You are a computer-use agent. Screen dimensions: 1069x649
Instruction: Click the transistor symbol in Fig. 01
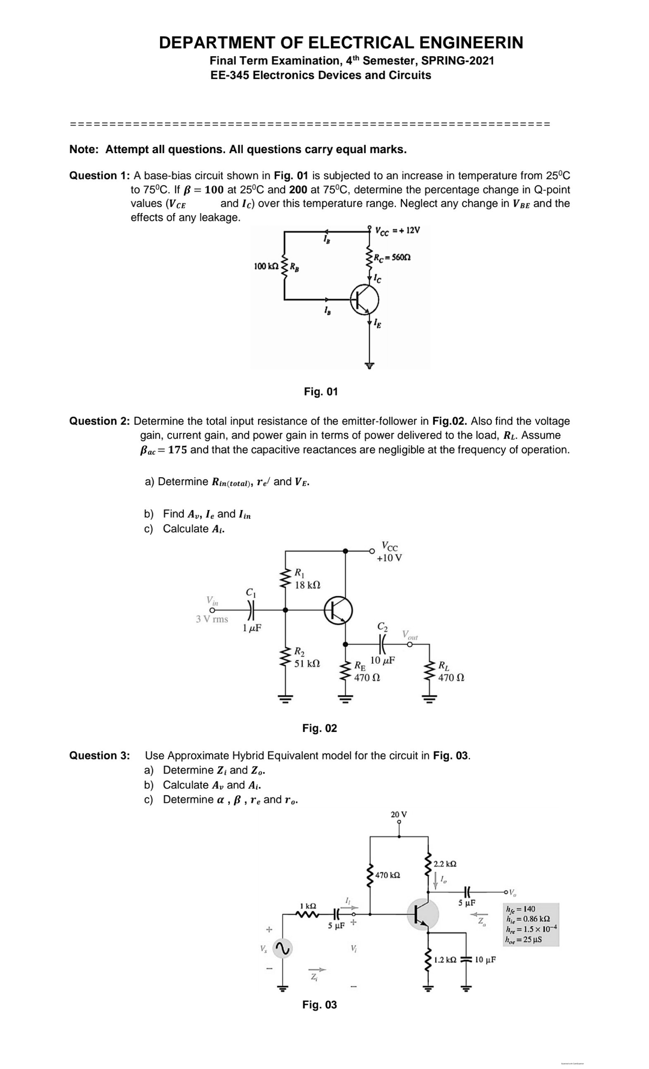click(364, 300)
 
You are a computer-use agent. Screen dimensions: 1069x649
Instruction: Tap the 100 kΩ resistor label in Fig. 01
click(266, 266)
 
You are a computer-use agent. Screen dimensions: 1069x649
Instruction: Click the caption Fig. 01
click(321, 391)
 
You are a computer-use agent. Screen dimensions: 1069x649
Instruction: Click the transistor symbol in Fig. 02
click(339, 610)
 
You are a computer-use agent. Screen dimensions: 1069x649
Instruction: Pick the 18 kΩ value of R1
click(307, 585)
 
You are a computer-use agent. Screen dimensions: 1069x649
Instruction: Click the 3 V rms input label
click(212, 619)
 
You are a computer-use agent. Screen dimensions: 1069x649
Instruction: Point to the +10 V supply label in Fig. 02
click(389, 558)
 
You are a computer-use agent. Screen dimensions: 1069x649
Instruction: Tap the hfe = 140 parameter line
click(521, 909)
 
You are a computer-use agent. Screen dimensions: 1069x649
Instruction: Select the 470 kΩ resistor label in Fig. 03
click(388, 875)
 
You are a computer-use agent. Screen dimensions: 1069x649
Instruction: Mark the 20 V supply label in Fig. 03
click(399, 814)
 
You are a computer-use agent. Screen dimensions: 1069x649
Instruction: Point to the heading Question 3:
click(100, 755)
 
